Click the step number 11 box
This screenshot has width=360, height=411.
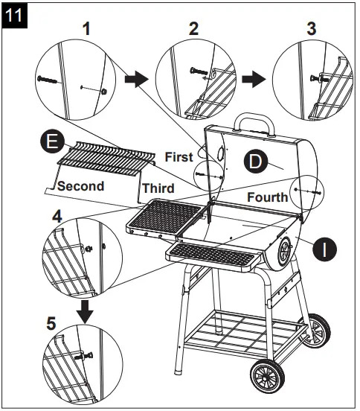pyautogui.click(x=15, y=14)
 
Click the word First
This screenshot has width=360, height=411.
pyautogui.click(x=178, y=156)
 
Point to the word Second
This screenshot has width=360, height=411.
pyautogui.click(x=80, y=185)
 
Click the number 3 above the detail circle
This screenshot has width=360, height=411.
pyautogui.click(x=311, y=30)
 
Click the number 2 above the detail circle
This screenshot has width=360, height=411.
pyautogui.click(x=194, y=30)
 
